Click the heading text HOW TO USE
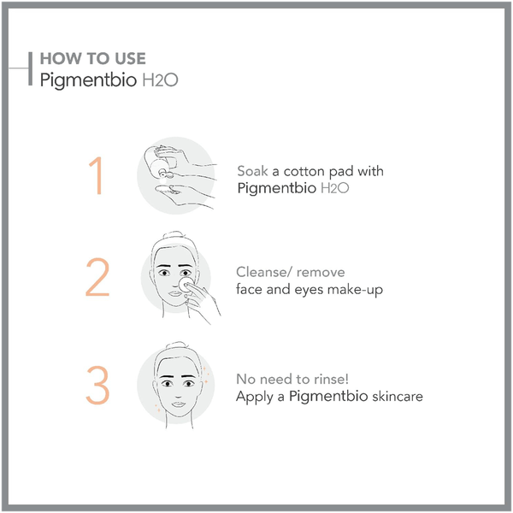[93, 59]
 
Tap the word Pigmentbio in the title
[88, 80]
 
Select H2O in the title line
[161, 80]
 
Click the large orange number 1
[96, 175]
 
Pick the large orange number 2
[97, 277]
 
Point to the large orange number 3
[97, 385]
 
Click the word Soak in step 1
[252, 171]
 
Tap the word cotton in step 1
[304, 172]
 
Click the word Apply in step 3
[255, 398]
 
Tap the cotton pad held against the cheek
[186, 285]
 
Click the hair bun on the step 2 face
[173, 235]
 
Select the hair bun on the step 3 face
[175, 345]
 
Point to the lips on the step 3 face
[179, 404]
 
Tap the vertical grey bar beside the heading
[31, 68]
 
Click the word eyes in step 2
[309, 291]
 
